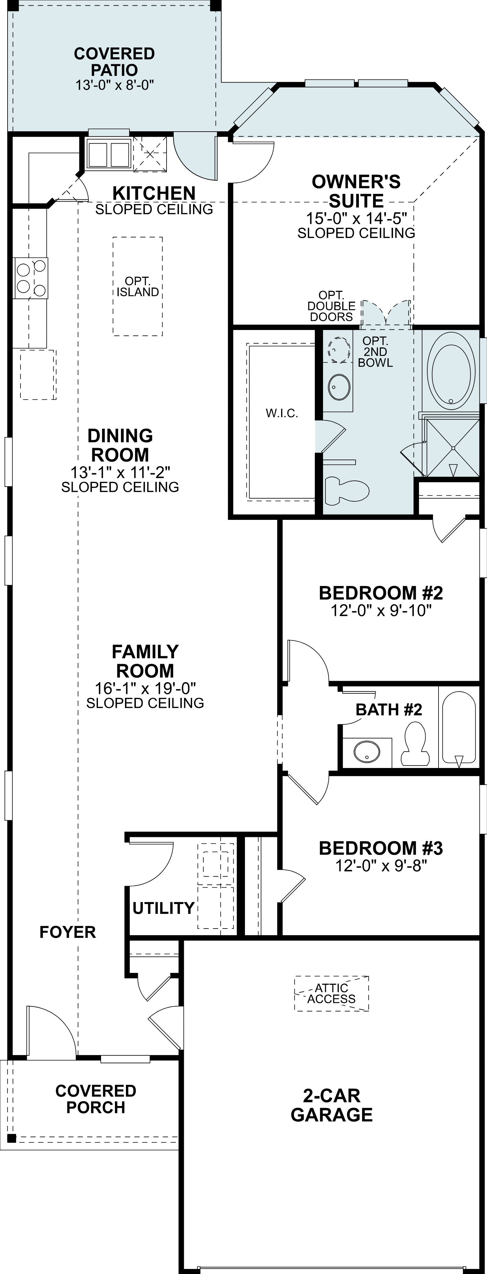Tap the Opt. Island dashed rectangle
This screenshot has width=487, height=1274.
pos(138,286)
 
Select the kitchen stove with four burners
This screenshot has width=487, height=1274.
pos(31,278)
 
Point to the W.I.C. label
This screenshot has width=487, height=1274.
pos(282,413)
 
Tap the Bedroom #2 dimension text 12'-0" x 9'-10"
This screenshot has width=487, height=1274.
pos(381,611)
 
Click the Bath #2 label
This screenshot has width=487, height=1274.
pos(388,710)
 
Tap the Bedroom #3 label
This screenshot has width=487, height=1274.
pos(381,849)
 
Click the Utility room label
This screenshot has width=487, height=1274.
pos(163,908)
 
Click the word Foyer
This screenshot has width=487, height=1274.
pos(67,932)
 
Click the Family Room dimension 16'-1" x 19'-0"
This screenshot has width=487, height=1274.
pos(145,688)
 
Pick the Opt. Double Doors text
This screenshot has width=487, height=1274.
pos(331,306)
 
